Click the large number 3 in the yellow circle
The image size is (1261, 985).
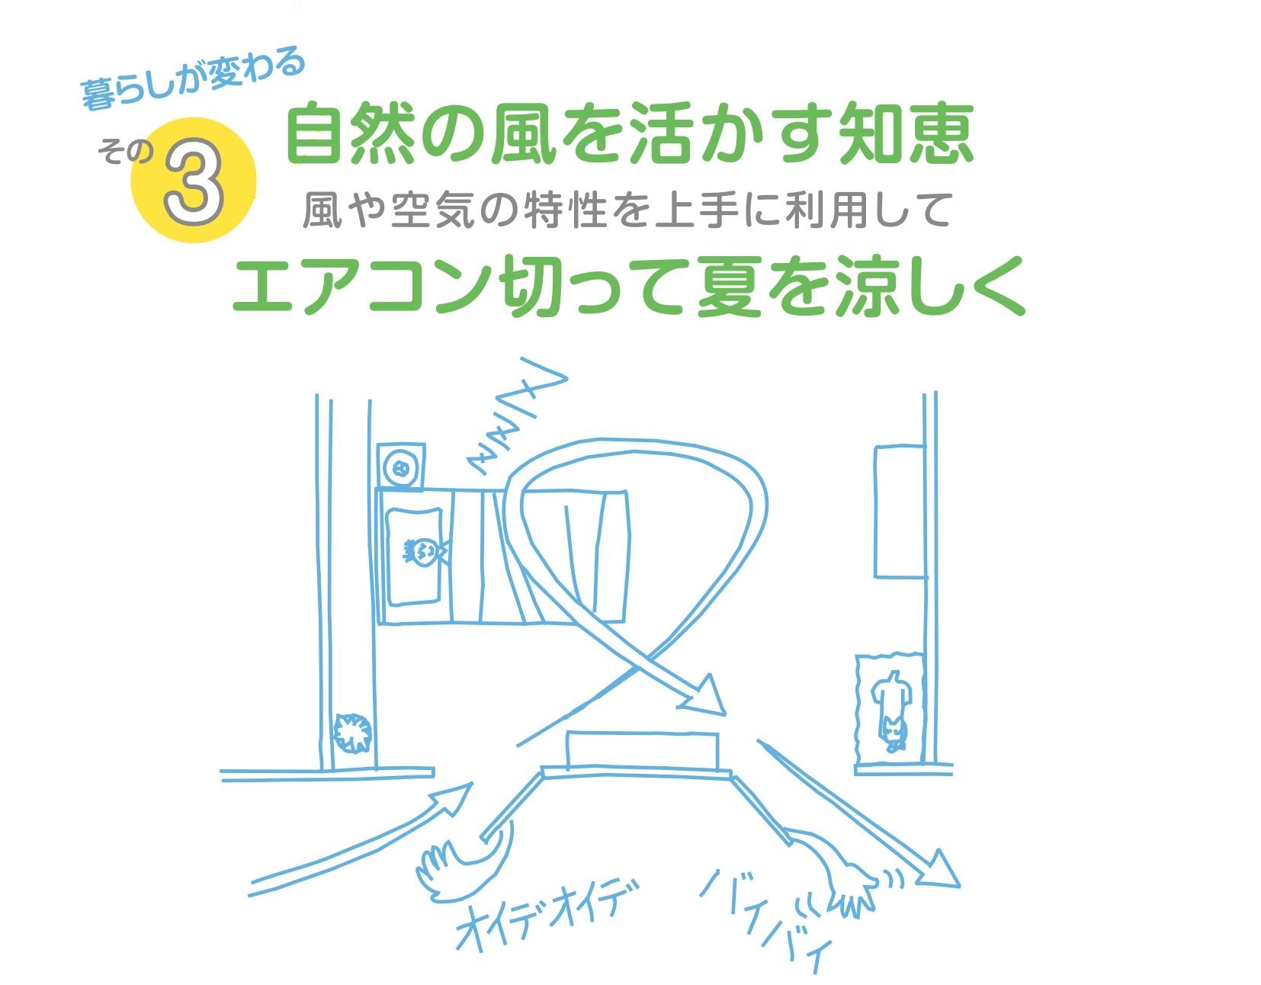point(194,181)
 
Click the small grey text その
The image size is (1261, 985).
point(125,152)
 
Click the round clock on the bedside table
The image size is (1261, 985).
point(401,467)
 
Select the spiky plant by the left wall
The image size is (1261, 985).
point(352,734)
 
